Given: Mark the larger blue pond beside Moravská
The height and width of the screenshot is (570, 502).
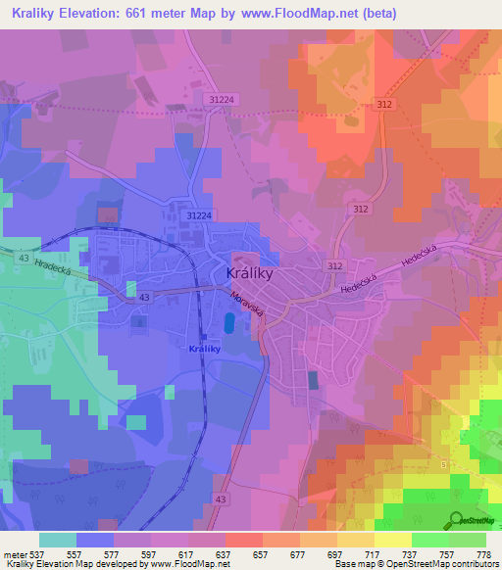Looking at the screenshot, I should [229, 322].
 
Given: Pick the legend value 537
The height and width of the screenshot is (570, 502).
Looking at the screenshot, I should [38, 553].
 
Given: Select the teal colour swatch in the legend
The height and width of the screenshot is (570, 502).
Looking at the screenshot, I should [58, 540].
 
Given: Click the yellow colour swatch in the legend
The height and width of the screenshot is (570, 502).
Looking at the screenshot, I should [393, 540].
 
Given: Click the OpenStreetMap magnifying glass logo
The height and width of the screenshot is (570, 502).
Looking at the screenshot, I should [456, 522].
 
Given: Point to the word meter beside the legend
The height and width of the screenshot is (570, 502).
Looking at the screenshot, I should [16, 553].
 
